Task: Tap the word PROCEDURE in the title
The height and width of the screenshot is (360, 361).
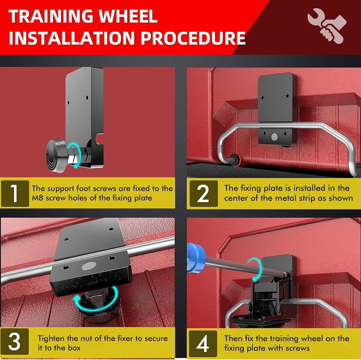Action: click(x=193, y=38)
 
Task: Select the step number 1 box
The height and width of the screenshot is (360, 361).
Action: click(x=15, y=194)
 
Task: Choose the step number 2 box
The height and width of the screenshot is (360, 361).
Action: click(x=204, y=194)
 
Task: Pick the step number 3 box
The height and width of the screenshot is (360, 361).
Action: click(x=15, y=341)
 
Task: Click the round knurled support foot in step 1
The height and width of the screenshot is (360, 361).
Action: click(x=56, y=155)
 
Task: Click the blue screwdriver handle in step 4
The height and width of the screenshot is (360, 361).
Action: click(x=196, y=258)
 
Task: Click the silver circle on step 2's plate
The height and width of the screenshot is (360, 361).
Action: click(x=274, y=137)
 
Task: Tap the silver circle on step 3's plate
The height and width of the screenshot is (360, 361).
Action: click(x=89, y=266)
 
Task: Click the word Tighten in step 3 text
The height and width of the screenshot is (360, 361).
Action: click(x=51, y=339)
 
